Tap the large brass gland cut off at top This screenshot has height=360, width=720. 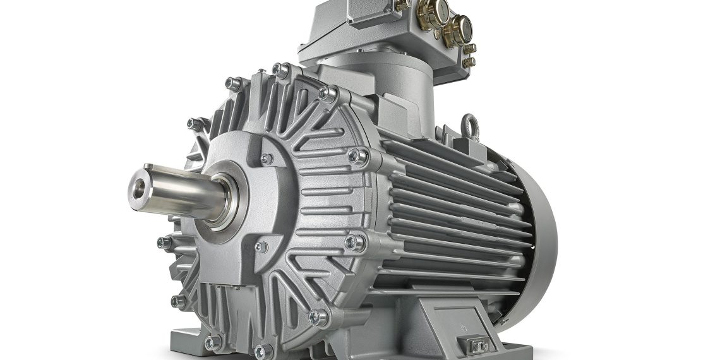tap(436, 9)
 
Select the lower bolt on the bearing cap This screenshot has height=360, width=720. tap(260, 247)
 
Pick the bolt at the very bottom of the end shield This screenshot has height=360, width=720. tap(261, 350)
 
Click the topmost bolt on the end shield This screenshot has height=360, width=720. tap(279, 68)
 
